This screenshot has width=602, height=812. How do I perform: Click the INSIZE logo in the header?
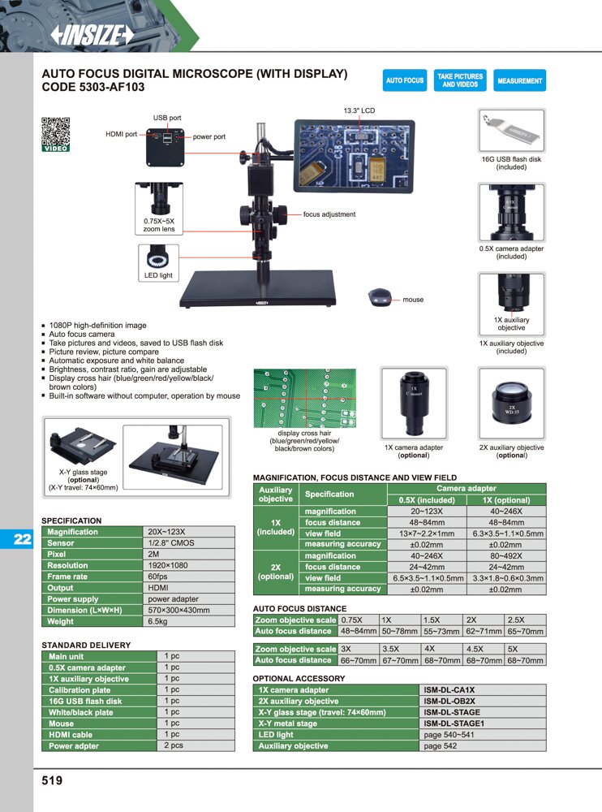[x=92, y=35]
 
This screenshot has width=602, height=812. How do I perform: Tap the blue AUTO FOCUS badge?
[x=405, y=80]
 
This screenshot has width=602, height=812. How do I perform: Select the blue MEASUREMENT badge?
[x=520, y=80]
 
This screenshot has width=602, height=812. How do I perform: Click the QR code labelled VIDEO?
[x=55, y=135]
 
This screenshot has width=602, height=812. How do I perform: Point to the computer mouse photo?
[x=380, y=297]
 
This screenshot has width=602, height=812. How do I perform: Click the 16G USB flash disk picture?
[x=511, y=131]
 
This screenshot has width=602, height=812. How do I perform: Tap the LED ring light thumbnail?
[x=158, y=257]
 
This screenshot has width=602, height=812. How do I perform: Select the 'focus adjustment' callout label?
[x=329, y=214]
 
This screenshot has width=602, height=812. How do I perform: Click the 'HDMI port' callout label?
[x=121, y=134]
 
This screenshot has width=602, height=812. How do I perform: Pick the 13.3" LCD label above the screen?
[x=359, y=110]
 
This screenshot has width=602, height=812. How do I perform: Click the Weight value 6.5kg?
[x=157, y=621]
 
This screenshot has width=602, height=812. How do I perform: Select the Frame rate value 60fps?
[x=158, y=577]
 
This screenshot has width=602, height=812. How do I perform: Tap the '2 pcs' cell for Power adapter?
[x=174, y=745]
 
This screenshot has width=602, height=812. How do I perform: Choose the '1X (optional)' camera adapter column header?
[x=506, y=500]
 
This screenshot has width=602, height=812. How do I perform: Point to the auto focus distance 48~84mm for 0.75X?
[x=358, y=631]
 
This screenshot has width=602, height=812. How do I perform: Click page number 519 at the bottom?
[x=52, y=780]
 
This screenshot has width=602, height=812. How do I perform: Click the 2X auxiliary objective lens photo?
[x=511, y=403]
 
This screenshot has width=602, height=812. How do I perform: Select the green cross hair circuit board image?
[x=304, y=398]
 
